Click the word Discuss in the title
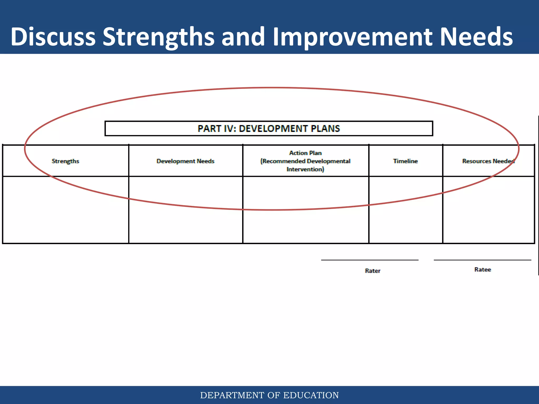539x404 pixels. (x=53, y=37)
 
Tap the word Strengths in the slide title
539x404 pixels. (x=158, y=37)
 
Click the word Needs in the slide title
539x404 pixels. (x=476, y=37)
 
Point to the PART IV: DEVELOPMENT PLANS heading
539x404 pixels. (x=269, y=129)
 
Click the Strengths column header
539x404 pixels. (x=65, y=161)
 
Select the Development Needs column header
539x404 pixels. (x=185, y=161)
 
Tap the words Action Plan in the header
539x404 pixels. (x=305, y=153)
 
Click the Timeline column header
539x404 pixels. (x=405, y=161)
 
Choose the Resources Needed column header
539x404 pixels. (x=488, y=161)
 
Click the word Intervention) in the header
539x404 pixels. (x=305, y=169)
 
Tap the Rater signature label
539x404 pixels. (x=372, y=271)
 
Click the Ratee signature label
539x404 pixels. (x=482, y=269)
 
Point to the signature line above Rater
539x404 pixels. (x=370, y=260)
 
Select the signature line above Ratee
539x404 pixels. (x=482, y=260)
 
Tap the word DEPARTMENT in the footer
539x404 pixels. (x=232, y=395)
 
